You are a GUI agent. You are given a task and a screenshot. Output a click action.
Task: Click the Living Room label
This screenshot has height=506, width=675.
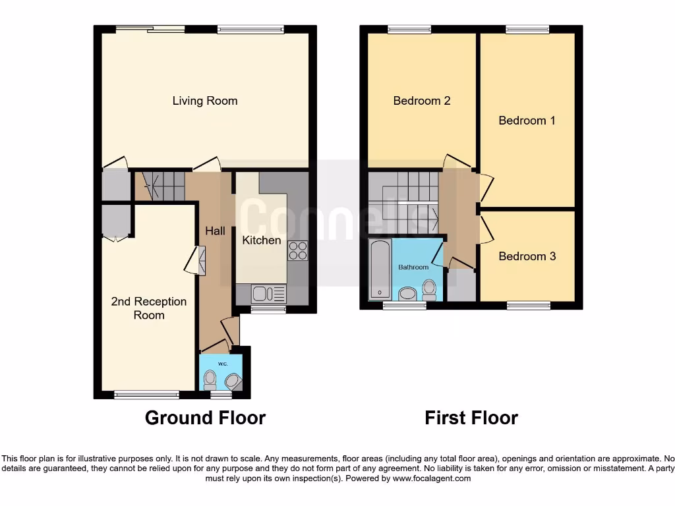[205, 101]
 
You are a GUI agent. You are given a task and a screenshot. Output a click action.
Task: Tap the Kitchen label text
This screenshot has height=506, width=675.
[262, 240]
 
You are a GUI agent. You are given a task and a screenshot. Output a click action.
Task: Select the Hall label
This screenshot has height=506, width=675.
[215, 231]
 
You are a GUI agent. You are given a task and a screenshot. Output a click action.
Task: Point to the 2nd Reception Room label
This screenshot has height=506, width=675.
[149, 308]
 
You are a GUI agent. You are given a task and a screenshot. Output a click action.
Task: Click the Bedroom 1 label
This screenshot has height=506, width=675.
[527, 121]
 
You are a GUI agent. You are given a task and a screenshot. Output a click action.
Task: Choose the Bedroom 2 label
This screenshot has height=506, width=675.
[422, 101]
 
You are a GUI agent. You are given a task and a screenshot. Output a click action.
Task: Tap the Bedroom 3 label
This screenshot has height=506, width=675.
[527, 256]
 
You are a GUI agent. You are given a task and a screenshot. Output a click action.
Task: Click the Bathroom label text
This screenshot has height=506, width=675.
[413, 267]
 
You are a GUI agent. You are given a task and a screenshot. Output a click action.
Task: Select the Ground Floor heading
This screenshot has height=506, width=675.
[205, 418]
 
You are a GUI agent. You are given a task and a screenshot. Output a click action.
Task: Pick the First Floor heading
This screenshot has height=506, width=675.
[471, 418]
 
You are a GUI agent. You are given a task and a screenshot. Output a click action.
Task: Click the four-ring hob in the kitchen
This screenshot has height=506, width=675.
[297, 251]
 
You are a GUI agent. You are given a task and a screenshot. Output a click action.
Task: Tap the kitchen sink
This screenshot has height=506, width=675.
[259, 293]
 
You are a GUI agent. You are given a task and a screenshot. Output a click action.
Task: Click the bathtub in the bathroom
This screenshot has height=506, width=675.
[380, 269]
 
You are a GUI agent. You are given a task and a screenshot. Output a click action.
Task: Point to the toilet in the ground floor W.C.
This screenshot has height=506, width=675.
[210, 379]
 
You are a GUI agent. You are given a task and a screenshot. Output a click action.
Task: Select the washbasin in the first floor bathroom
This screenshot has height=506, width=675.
[407, 293]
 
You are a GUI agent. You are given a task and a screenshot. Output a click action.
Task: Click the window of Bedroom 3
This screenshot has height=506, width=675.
[528, 305]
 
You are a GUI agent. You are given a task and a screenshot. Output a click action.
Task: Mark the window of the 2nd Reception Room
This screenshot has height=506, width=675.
[146, 395]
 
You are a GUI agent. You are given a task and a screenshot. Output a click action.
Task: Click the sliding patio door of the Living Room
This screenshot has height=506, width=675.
[150, 28]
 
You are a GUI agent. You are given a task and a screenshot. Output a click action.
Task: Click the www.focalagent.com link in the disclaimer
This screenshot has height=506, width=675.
[432, 478]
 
